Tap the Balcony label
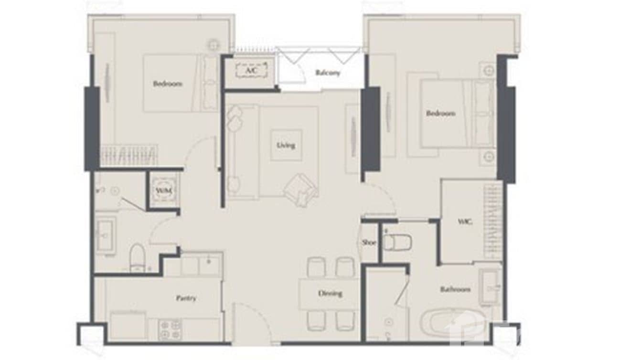point(328,73)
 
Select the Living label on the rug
point(286,145)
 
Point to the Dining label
point(331,293)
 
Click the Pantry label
point(186,298)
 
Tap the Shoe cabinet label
point(369,243)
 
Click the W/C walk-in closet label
point(463,222)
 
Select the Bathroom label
point(455,289)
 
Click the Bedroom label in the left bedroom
point(167,84)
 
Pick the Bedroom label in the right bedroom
point(440,114)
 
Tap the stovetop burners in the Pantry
point(170,329)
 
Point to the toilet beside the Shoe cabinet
point(397,243)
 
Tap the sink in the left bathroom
point(104,235)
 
